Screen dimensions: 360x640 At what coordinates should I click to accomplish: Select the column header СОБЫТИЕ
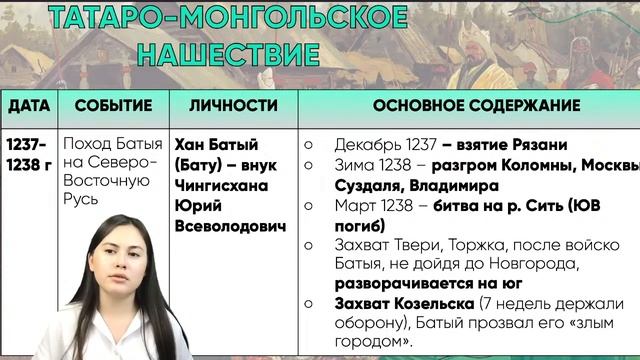(x=113, y=105)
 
